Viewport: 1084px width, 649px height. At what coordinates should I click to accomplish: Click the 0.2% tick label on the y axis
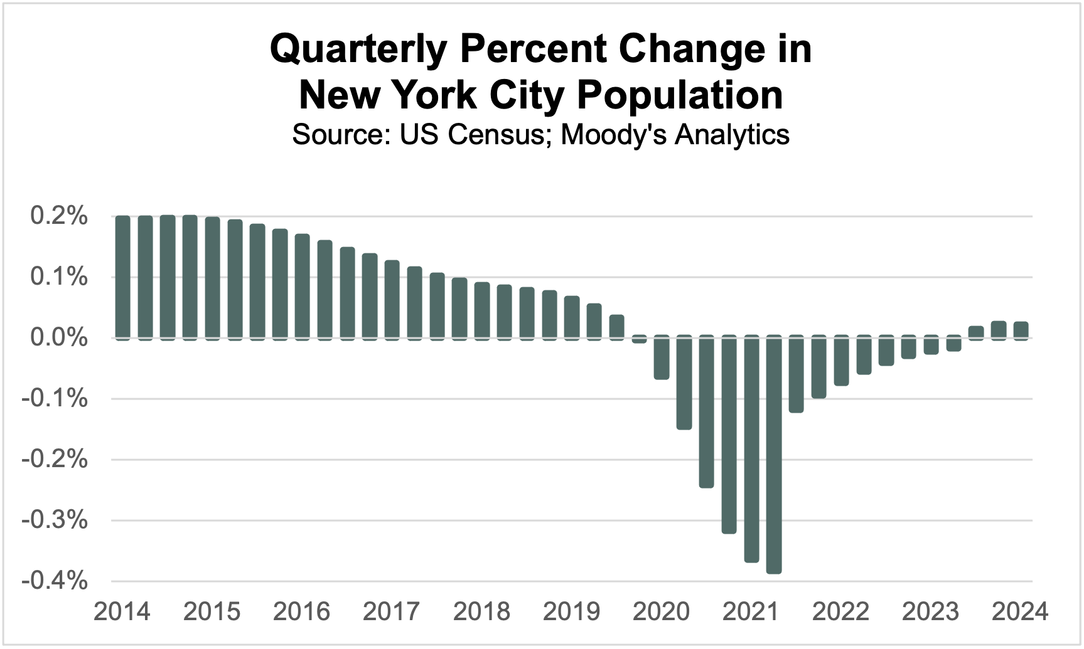59,217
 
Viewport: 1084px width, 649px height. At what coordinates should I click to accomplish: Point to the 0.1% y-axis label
59,277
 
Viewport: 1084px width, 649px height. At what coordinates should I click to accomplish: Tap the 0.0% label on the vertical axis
59,338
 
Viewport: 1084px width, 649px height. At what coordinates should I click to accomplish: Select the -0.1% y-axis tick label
55,399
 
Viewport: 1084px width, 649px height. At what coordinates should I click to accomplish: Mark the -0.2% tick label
55,460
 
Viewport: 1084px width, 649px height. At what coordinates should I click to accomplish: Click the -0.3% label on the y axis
55,520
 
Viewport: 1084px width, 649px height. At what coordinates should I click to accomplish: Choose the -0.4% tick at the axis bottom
55,581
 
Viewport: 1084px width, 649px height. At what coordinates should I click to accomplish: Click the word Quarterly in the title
357,50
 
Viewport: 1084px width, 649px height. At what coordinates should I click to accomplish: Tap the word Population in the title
680,95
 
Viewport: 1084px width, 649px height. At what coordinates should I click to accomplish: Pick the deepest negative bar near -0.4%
774,454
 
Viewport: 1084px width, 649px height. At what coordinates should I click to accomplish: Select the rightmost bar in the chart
1021,330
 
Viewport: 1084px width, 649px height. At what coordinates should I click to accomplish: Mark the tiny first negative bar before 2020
639,339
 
